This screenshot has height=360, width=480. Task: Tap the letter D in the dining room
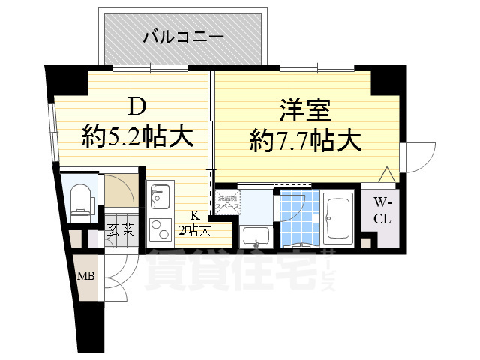(x=135, y=107)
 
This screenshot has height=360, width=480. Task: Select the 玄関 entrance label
(x=120, y=229)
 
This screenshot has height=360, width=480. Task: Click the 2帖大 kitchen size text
(x=194, y=230)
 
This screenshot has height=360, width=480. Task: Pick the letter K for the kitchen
(x=193, y=214)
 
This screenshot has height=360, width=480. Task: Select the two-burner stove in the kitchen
(x=159, y=227)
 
